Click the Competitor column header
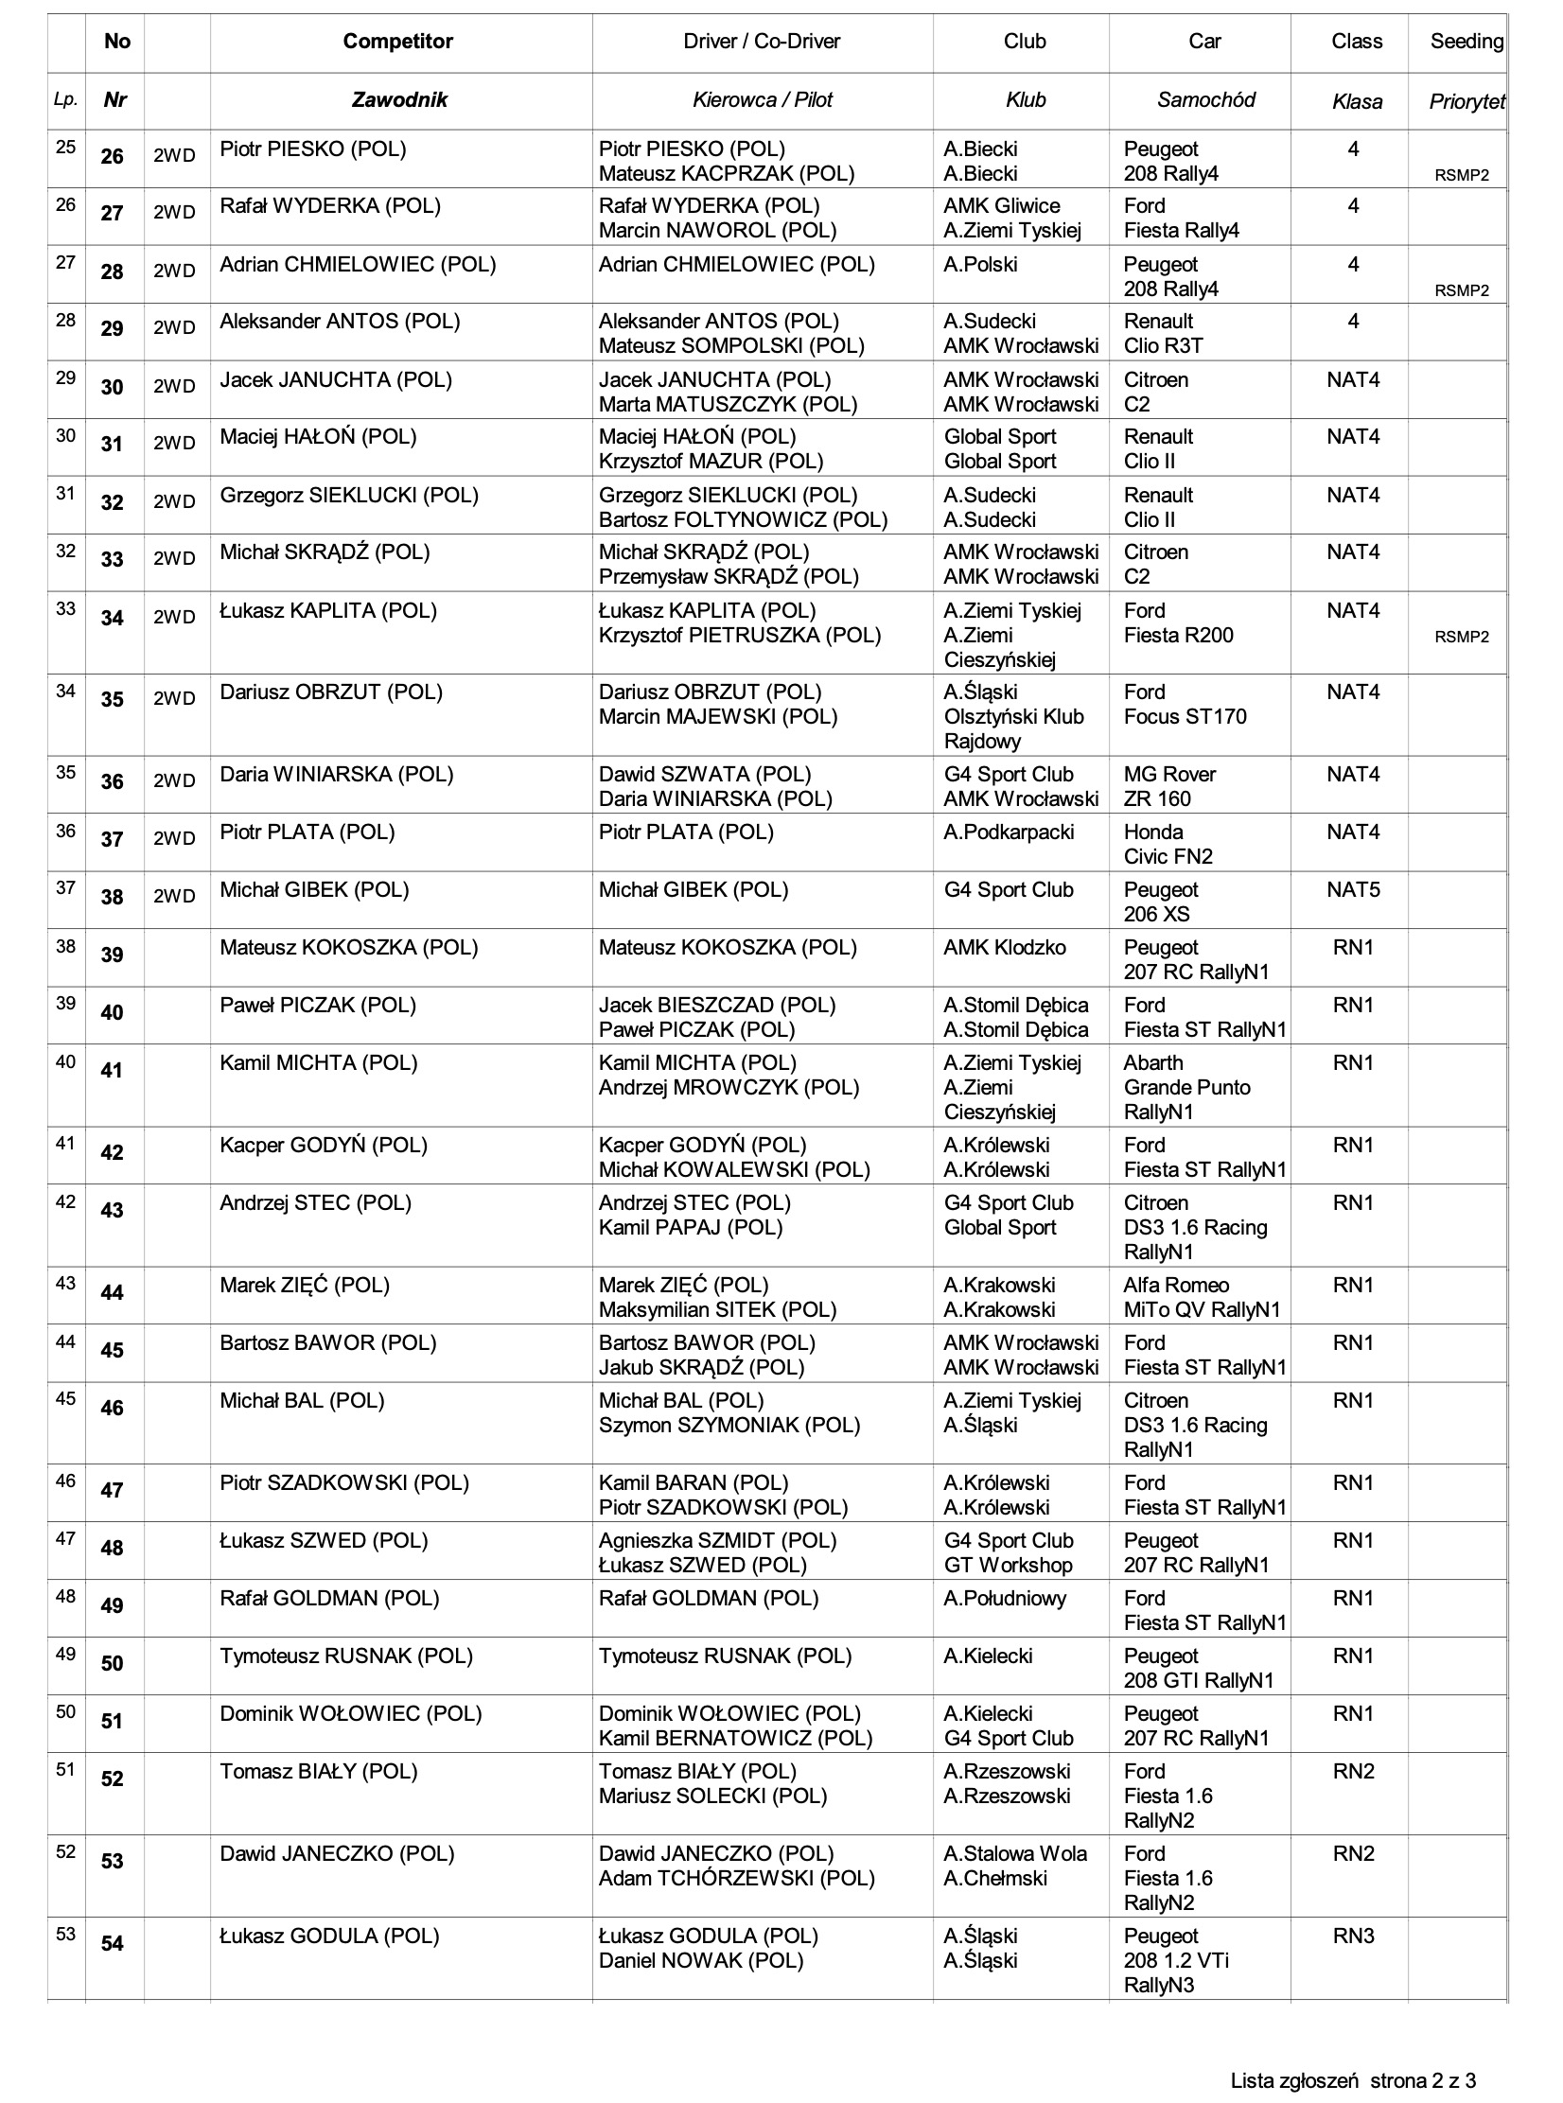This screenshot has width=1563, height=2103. point(397,42)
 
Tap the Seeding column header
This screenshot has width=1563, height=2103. point(1466,42)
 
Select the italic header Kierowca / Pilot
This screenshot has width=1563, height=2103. point(762,100)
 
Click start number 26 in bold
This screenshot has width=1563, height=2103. point(112,157)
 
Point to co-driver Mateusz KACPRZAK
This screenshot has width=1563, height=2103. point(726,174)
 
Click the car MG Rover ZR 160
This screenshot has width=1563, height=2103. point(1169,786)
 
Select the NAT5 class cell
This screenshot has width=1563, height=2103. point(1353,890)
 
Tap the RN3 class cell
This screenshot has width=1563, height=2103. point(1353,1937)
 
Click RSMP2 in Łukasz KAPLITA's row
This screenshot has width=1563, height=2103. point(1461,638)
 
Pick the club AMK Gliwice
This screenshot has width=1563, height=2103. point(1001,206)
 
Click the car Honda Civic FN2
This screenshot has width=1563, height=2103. point(1168,844)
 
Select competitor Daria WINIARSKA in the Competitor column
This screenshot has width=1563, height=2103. point(336,775)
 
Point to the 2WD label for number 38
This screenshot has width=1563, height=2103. point(174,897)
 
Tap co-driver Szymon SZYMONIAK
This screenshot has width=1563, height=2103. point(729,1426)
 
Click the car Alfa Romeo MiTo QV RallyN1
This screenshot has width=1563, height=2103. point(1202,1298)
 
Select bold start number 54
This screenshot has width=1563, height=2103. point(112,1944)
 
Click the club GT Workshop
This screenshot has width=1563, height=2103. point(1008,1566)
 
